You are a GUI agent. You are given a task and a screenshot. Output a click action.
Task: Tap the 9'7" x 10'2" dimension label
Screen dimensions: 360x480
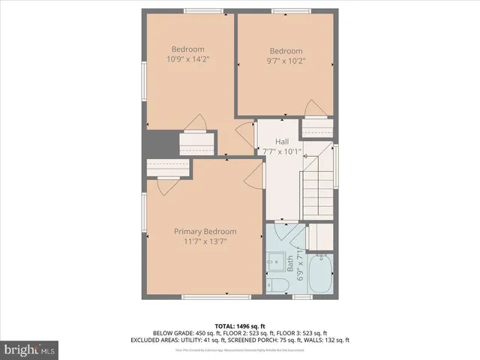pos(286,64)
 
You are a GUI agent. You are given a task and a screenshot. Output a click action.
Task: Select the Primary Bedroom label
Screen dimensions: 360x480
pos(205,231)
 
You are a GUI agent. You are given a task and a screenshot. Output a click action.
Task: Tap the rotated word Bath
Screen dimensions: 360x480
pos(289,264)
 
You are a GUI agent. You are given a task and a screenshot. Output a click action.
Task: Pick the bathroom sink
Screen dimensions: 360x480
pos(272,263)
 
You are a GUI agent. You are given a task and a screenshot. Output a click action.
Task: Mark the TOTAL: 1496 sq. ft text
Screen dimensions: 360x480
pos(239,325)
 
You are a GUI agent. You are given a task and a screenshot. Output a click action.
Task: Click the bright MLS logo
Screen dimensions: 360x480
pos(30,349)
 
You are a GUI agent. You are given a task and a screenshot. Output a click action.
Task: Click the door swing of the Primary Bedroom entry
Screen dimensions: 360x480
pos(253,176)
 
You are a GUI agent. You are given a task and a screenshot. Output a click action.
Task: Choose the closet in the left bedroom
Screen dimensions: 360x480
pos(197,142)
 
